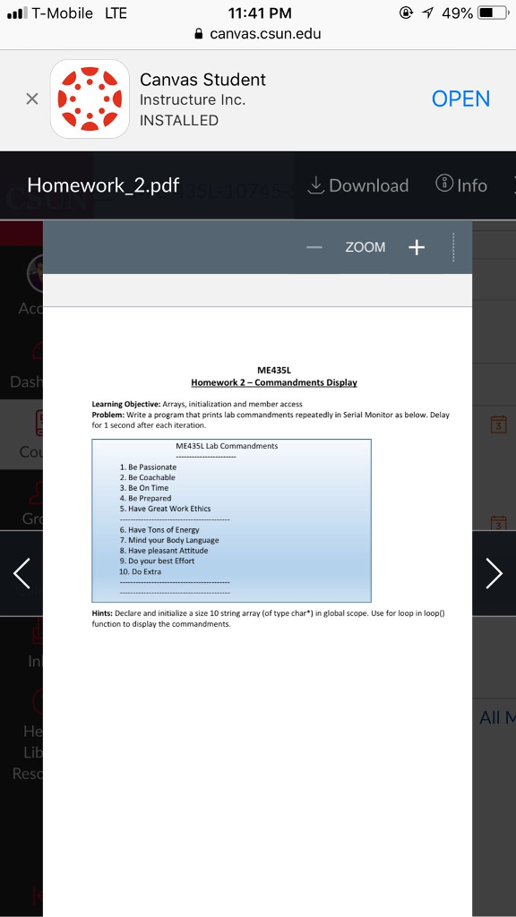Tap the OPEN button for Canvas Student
coord(460,99)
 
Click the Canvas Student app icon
coord(90,99)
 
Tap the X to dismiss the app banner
coord(31,99)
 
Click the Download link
coord(357,185)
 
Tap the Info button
coord(461,185)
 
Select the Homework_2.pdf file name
coord(103,185)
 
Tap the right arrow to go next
coord(494,573)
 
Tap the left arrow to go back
coord(22,573)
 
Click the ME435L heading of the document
coord(274,370)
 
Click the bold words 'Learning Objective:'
coord(125,404)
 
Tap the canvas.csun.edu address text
coord(265,34)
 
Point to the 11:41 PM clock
coord(260,13)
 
